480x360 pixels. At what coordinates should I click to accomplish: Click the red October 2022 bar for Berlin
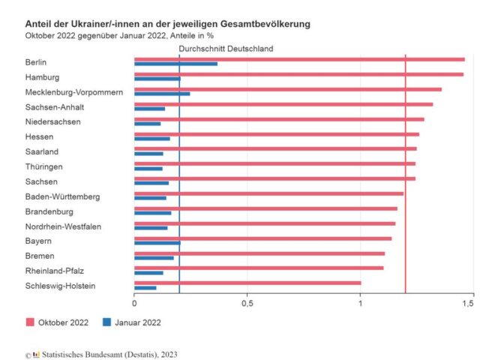tap(300, 59)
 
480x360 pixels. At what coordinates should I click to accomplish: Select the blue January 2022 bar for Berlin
tap(175, 64)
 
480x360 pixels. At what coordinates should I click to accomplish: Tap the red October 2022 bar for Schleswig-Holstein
tap(247, 283)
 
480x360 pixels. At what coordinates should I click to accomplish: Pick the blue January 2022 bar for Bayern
tap(157, 243)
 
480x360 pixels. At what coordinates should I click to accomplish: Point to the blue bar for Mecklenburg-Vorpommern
tap(162, 94)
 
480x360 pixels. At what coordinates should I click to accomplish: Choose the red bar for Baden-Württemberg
tap(268, 193)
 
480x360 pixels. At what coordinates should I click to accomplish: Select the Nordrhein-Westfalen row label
tap(62, 226)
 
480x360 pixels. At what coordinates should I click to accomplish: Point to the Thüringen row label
tap(43, 166)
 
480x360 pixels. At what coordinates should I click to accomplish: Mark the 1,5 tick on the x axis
tap(467, 304)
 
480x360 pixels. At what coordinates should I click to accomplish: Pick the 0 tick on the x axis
tap(134, 304)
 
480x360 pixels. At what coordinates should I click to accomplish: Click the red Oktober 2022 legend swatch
tap(31, 322)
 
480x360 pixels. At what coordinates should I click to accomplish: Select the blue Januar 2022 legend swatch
tap(107, 322)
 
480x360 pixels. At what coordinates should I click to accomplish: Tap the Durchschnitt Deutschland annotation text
tap(226, 49)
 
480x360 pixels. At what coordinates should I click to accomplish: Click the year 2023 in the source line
tap(168, 354)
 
